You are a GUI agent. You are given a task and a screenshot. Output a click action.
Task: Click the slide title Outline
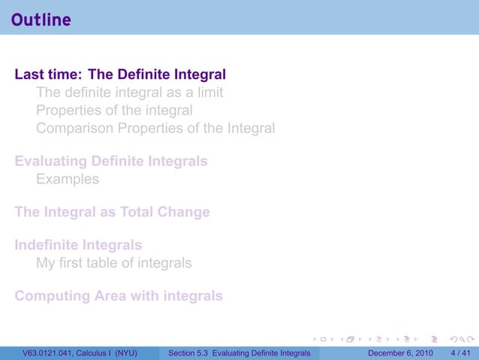[x=41, y=20]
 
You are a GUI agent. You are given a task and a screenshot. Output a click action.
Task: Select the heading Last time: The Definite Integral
[x=120, y=74]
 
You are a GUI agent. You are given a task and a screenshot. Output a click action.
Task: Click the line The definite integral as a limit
[x=129, y=93]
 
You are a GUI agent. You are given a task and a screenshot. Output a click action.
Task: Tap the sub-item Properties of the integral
[x=119, y=110]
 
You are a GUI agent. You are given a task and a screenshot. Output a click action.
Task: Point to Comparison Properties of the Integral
[x=155, y=129]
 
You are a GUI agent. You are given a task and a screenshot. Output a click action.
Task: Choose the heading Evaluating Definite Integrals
[x=111, y=162]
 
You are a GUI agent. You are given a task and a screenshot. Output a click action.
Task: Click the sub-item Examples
[x=67, y=180]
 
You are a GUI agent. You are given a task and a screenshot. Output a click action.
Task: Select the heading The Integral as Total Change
[x=112, y=212]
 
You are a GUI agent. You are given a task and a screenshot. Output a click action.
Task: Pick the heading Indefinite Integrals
[x=78, y=245]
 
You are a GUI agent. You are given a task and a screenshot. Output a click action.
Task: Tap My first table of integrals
[x=113, y=263]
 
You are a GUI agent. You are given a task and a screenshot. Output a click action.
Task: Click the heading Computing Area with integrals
[x=119, y=296]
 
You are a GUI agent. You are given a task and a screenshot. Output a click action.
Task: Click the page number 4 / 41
[x=459, y=352]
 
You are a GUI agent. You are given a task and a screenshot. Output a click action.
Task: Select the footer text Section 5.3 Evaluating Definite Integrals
[x=239, y=352]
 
